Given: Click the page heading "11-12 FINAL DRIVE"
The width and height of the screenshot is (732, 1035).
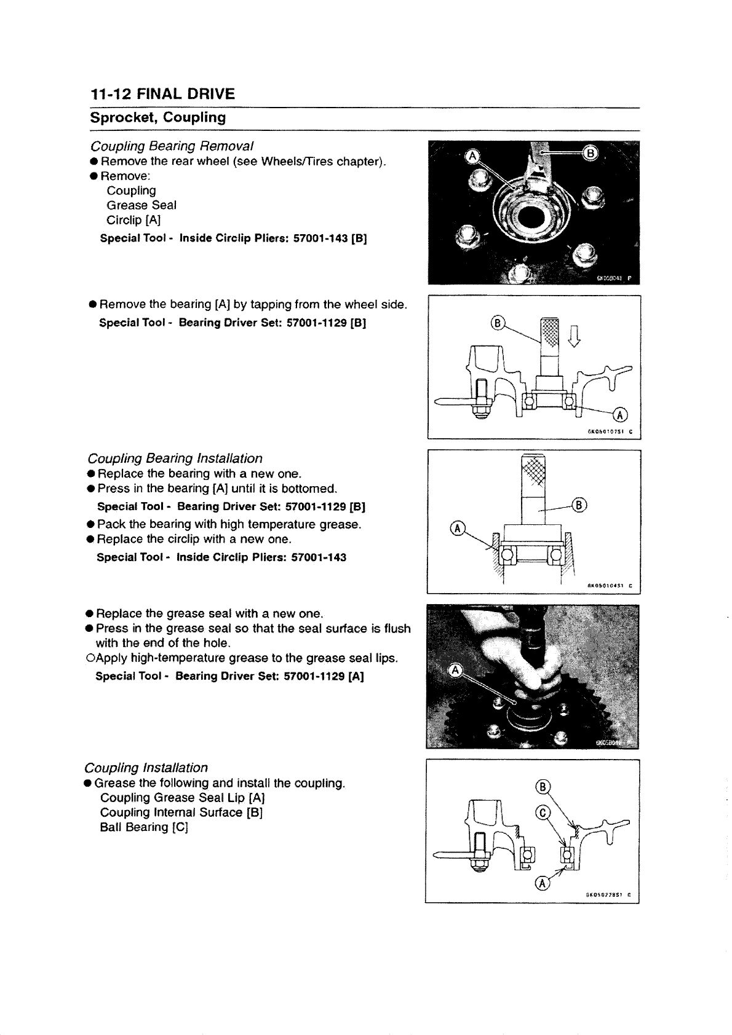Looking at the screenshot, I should point(162,94).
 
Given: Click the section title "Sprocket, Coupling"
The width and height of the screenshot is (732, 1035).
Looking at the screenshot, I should point(158,117).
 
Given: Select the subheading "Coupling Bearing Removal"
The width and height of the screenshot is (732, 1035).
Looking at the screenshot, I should point(172,146).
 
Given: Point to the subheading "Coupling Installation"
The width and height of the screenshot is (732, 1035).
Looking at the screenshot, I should point(146,768).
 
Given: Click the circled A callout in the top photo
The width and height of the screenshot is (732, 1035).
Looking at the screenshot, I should point(472,156).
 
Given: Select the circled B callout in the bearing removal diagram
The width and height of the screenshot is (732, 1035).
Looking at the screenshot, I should point(497,324).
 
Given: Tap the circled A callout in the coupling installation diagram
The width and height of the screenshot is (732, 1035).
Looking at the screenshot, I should point(543,883).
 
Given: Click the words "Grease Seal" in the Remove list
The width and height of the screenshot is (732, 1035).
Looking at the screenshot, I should point(141,205).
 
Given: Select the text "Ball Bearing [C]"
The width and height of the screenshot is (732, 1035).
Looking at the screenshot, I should point(143,827).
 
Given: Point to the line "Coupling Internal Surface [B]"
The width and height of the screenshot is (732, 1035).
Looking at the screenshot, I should point(181,813).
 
